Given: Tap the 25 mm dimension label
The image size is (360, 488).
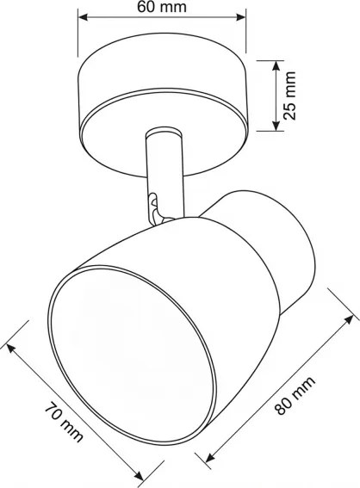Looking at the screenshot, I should point(291,95).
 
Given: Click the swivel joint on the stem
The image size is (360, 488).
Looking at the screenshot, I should point(154,207).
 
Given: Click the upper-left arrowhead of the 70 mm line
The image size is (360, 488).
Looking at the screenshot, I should point(10,347).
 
